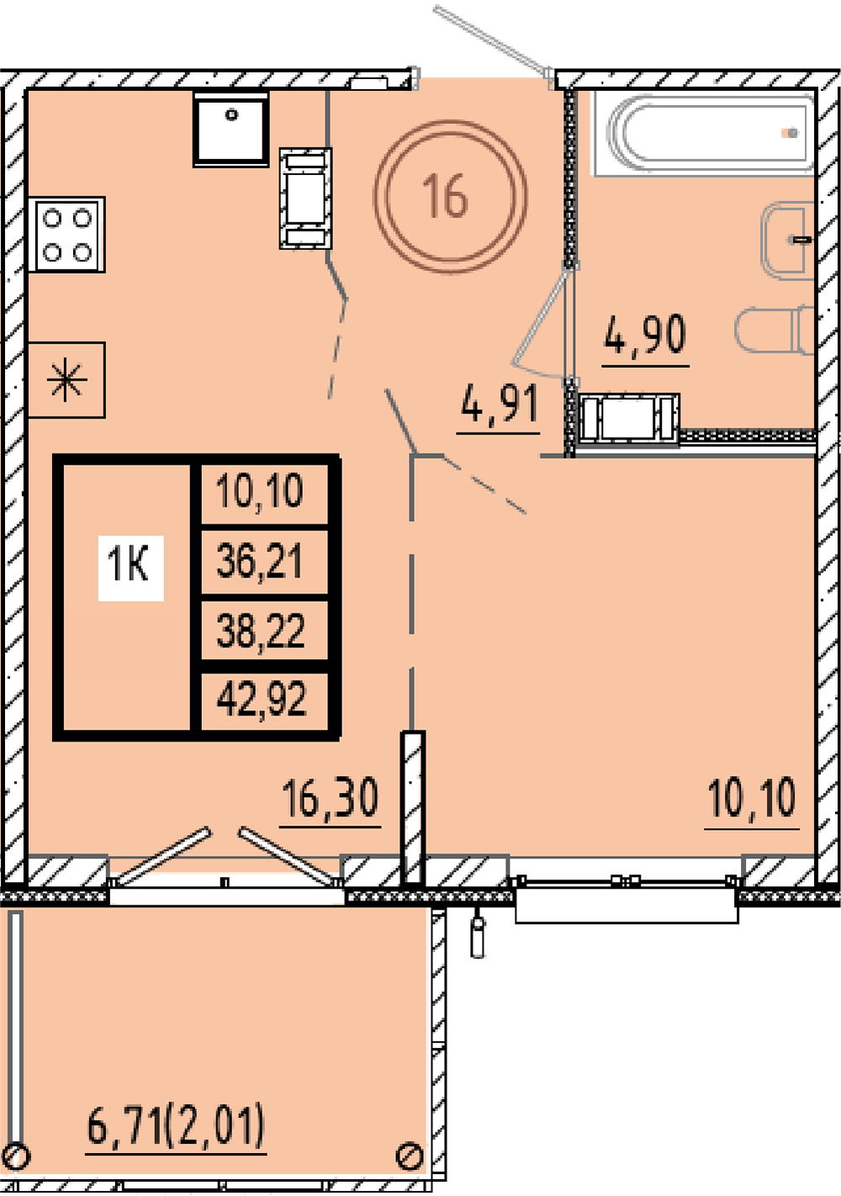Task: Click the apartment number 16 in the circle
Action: click(x=445, y=196)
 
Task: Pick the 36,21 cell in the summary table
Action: click(x=260, y=561)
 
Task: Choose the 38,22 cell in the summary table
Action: click(x=261, y=630)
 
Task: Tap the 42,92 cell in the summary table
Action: click(x=262, y=699)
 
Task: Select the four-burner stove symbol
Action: click(x=67, y=234)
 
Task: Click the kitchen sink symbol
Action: click(x=231, y=129)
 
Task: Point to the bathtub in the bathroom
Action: click(x=706, y=134)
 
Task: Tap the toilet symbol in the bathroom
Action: click(x=775, y=329)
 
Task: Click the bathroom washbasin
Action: click(x=788, y=240)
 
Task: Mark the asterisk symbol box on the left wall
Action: click(x=66, y=380)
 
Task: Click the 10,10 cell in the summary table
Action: click(x=260, y=491)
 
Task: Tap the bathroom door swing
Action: click(x=540, y=322)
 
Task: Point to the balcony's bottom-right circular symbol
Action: click(x=409, y=1156)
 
